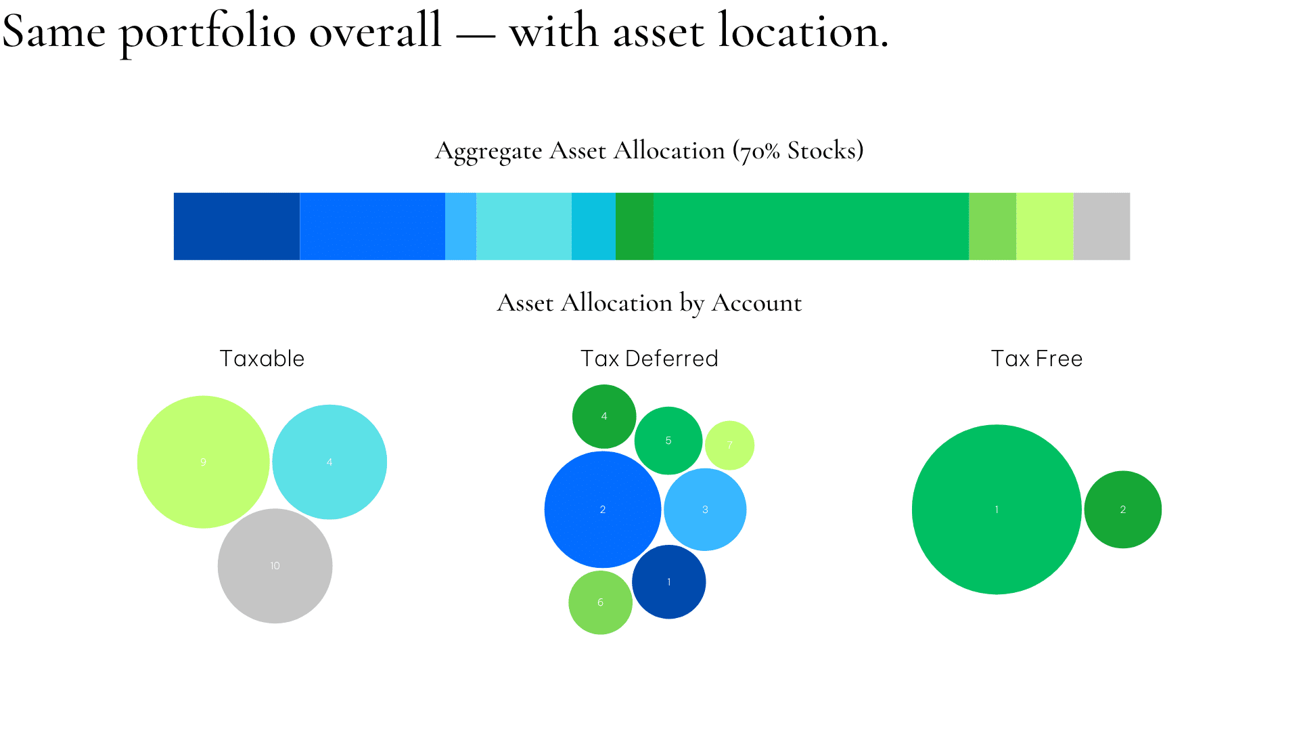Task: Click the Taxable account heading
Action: click(262, 359)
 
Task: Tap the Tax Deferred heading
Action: click(649, 359)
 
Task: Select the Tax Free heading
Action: click(1036, 359)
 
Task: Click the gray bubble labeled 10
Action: click(275, 566)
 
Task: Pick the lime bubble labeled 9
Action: click(203, 462)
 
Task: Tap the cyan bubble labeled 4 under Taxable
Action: click(329, 462)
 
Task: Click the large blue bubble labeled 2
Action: click(603, 510)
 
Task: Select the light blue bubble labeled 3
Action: click(705, 510)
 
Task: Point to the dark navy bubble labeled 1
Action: click(669, 582)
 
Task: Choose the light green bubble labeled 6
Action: click(600, 602)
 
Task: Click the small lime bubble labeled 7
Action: click(729, 445)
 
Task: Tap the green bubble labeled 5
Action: click(668, 441)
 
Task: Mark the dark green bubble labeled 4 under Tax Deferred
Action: click(604, 416)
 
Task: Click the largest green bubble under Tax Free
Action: click(997, 510)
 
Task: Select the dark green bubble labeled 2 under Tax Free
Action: click(1123, 510)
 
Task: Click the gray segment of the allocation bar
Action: click(1101, 226)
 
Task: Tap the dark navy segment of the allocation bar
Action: click(237, 226)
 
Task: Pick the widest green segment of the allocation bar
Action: click(811, 226)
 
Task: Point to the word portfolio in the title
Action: click(208, 32)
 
